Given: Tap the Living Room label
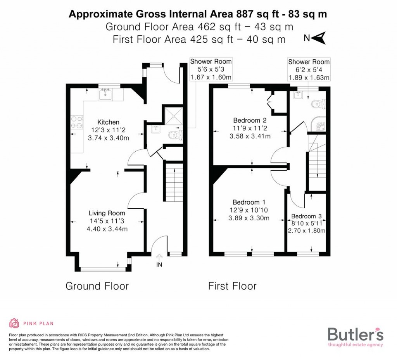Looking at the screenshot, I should click(107, 213).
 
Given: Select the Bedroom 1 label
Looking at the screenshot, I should click(249, 202).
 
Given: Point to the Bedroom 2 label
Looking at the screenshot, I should click(249, 120).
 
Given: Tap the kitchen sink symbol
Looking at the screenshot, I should click(105, 93).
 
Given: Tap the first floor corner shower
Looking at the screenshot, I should click(320, 124).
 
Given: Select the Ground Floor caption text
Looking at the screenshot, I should click(97, 286).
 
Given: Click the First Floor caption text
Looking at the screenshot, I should click(232, 286).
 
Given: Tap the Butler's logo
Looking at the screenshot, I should click(355, 336).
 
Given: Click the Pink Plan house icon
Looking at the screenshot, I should click(14, 323).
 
